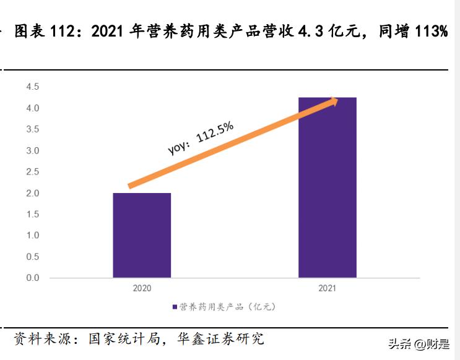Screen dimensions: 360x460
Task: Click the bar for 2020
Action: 142,235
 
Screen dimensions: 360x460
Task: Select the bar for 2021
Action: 327,187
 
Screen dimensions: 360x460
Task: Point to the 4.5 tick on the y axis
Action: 32,87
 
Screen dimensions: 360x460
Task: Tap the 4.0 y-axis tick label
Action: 32,108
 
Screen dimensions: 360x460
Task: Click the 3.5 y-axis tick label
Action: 32,129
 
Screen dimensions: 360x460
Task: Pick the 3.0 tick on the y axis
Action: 32,151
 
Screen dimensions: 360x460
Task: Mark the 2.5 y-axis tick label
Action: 32,172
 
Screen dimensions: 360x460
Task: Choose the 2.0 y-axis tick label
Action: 32,194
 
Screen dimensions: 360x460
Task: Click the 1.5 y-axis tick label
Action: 32,215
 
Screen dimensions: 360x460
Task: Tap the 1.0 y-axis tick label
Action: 32,236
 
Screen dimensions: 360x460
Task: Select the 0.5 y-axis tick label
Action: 32,257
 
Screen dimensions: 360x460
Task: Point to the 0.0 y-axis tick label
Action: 32,278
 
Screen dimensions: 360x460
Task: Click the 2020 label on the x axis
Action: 142,288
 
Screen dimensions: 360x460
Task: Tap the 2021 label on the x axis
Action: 327,288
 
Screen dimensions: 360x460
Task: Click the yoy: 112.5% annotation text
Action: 201,138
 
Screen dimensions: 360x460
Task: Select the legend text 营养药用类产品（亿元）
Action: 227,306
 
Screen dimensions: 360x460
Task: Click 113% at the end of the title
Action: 431,32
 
